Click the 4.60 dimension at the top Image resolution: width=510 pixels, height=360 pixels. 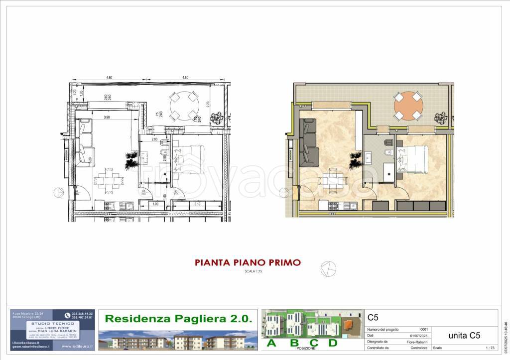tap(109, 78)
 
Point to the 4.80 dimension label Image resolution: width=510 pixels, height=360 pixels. tap(185, 78)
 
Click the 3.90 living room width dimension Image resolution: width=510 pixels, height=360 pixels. tap(106, 117)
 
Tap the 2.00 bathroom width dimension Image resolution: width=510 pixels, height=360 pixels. tap(154, 139)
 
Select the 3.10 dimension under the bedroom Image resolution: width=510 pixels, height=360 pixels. tap(197, 204)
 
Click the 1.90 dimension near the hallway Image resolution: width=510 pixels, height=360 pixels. tap(154, 204)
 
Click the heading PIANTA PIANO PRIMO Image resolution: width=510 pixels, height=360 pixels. tap(247, 262)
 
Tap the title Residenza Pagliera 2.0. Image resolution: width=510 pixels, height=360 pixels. tap(178, 318)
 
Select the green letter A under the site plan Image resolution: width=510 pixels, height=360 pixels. tap(271, 343)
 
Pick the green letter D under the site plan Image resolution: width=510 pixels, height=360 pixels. tap(333, 343)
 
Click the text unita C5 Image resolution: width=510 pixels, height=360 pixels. tap(465, 335)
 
